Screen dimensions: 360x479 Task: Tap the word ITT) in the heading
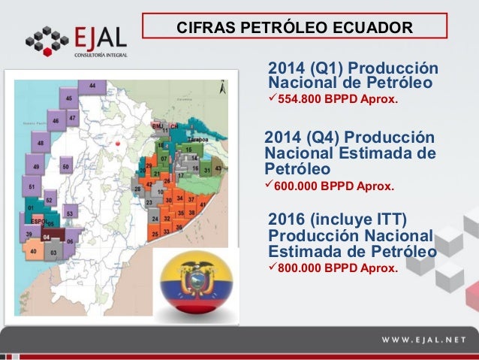(x=390, y=219)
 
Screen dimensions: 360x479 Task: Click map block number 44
(x=92, y=87)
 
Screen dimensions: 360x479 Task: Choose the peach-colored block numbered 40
(x=34, y=252)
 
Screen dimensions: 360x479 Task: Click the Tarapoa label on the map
(x=197, y=141)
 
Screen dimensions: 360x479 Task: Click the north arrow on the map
(x=223, y=88)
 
